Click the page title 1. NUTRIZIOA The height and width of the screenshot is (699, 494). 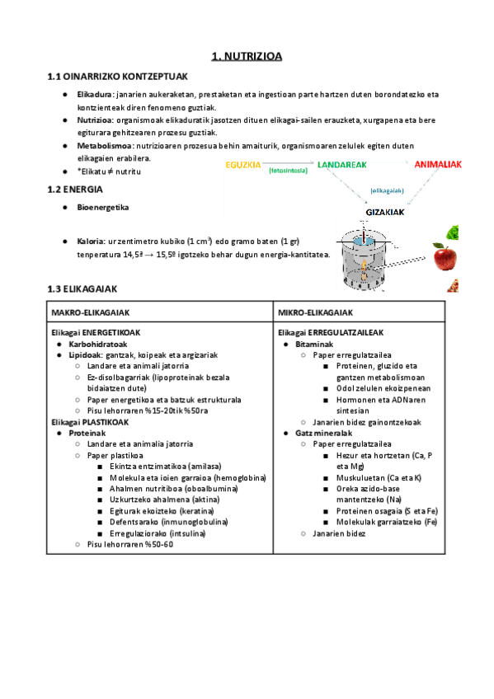click(x=247, y=56)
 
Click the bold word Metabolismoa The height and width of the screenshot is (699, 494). click(x=105, y=145)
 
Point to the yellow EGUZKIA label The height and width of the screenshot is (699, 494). click(x=244, y=165)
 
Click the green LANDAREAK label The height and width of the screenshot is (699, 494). click(x=341, y=165)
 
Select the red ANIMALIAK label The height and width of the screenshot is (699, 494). click(x=438, y=165)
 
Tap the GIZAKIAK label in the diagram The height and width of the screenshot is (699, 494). click(x=386, y=212)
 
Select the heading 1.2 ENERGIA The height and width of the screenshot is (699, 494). click(x=75, y=190)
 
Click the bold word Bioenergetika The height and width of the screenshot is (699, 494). click(x=102, y=208)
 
